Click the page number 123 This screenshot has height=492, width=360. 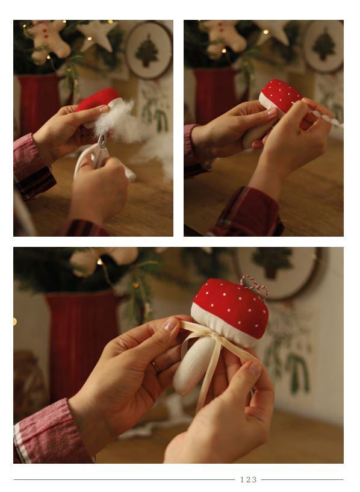tap(249, 479)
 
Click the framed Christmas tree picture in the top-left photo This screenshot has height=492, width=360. tap(148, 50)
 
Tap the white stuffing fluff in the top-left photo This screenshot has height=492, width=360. tap(122, 123)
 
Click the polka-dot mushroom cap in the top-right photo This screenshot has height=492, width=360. tap(281, 94)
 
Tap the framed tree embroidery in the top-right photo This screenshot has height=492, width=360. tap(324, 46)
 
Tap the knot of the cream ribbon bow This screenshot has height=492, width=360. tap(214, 337)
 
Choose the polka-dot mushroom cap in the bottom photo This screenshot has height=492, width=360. tap(231, 308)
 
